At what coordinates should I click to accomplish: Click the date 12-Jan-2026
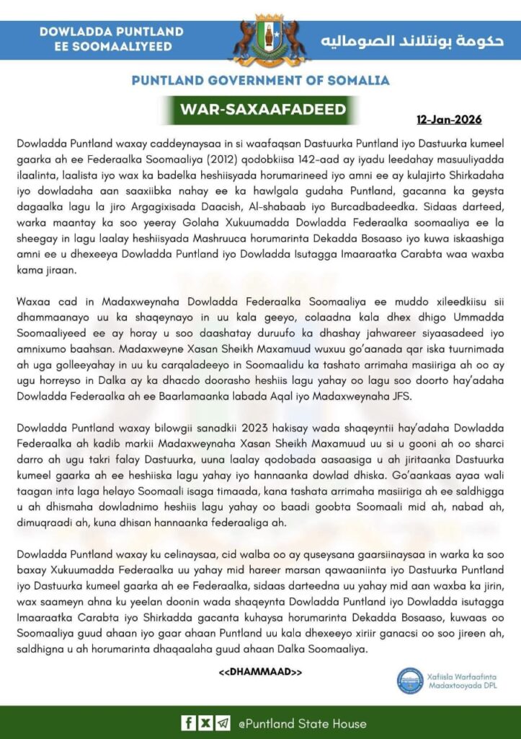[x=449, y=119]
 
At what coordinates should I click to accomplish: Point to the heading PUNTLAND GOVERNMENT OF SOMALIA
[x=261, y=80]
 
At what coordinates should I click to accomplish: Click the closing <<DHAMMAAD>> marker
[x=260, y=673]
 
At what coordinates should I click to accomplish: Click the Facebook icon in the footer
[x=188, y=723]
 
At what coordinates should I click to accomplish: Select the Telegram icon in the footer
[x=223, y=723]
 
